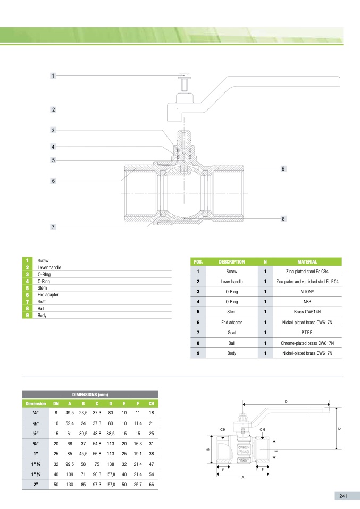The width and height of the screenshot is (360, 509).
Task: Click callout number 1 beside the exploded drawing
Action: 53,75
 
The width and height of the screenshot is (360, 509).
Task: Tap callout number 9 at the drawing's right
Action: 283,168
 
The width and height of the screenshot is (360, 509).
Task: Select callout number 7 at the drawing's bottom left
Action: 53,227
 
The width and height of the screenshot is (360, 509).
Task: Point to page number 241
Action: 343,496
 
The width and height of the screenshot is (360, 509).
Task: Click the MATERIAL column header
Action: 307,261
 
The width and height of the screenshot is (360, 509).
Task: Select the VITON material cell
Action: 307,292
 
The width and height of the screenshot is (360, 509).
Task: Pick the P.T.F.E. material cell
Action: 307,333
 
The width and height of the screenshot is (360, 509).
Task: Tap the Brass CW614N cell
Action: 307,312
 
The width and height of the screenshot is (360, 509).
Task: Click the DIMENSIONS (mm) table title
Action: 90,394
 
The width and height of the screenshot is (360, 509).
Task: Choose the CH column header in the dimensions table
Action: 152,403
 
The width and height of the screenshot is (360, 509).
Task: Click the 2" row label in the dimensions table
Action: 36,485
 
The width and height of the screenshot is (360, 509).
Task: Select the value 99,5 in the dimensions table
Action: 70,464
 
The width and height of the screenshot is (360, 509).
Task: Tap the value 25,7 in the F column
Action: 138,485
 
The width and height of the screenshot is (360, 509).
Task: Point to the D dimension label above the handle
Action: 286,402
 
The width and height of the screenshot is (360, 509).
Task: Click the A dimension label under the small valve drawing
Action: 242,477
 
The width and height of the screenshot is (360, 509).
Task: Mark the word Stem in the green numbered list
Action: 42,288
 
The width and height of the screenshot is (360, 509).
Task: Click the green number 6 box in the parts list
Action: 27,295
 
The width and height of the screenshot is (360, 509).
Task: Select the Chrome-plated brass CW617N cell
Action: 307,343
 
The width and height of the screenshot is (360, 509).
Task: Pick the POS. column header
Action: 198,261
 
